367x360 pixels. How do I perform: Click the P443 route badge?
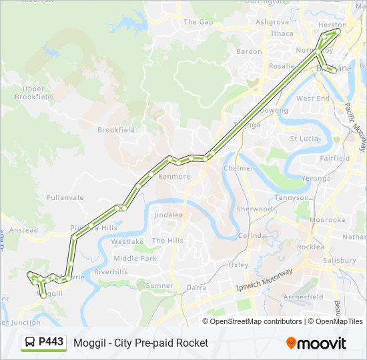pos(44,343)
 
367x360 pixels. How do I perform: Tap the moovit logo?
pos(316,343)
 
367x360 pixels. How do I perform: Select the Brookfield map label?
pos(116,130)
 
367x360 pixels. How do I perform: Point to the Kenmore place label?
pos(174,177)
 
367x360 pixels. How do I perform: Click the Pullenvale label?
pos(65,198)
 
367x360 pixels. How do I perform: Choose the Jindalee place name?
pos(168,215)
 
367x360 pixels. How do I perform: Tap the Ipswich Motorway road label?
pos(264,280)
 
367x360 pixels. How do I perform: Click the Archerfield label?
pos(303,297)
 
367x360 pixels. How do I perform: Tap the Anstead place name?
pos(24,230)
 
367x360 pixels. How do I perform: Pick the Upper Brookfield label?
pos(33,93)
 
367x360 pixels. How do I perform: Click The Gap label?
pos(198,22)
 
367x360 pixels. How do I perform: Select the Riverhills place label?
pos(111,272)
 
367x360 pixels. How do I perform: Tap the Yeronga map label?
pos(316,179)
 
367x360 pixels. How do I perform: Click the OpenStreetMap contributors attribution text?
pos(257,321)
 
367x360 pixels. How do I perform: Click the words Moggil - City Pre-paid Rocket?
pos(141,343)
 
